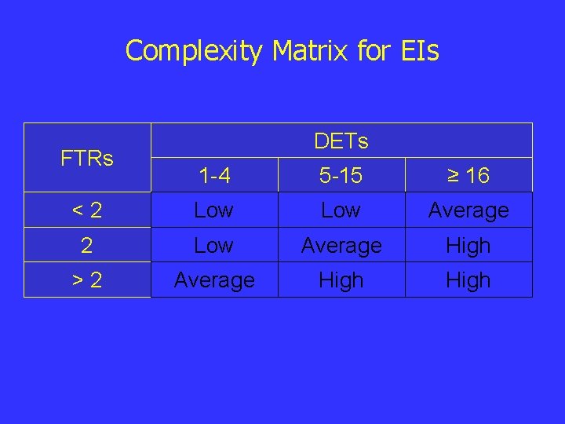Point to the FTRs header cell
87,158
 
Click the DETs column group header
341,141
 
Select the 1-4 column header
213,176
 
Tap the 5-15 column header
341,176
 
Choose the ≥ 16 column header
468,176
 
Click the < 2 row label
87,210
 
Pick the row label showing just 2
87,246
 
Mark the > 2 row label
87,280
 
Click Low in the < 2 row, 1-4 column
213,210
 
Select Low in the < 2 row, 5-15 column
341,210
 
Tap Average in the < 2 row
468,210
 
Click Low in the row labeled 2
213,246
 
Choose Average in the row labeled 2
341,246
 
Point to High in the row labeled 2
468,246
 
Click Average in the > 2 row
213,280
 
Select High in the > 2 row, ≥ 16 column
468,280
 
